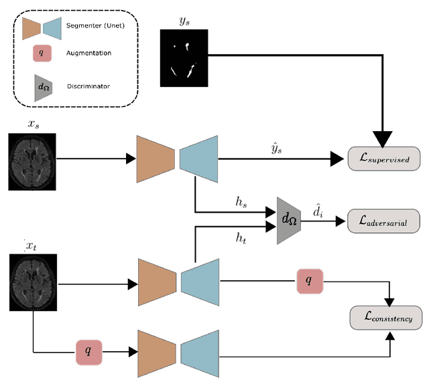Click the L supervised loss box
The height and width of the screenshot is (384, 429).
tap(385, 159)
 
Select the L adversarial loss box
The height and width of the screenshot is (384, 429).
tap(385, 219)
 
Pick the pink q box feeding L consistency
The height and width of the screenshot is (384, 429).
tap(308, 281)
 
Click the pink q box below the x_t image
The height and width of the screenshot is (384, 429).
tap(88, 351)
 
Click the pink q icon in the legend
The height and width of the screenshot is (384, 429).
tap(42, 52)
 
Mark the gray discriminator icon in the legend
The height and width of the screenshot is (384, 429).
tap(43, 86)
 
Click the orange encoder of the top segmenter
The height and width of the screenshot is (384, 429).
tap(155, 159)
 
